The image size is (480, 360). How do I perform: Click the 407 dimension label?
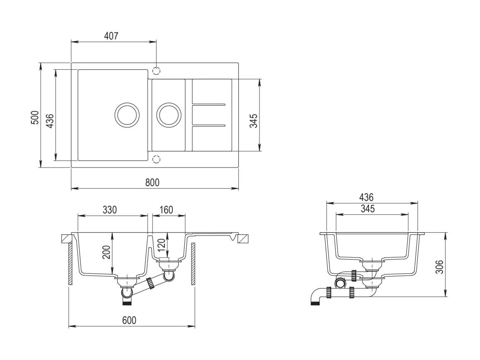click(111, 36)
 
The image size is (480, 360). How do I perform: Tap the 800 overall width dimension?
click(152, 182)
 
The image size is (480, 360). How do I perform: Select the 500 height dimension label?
click(35, 117)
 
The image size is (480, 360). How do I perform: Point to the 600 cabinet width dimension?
click(129, 320)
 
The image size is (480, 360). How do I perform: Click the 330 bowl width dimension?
click(109, 210)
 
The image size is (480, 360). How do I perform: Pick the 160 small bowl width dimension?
click(166, 210)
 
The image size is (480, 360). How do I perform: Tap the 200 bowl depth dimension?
click(106, 252)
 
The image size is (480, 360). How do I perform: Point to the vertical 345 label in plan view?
click(254, 121)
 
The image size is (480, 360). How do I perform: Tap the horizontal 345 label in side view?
click(368, 209)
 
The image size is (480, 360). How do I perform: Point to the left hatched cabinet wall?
click(70, 265)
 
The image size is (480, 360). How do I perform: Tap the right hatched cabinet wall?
click(193, 265)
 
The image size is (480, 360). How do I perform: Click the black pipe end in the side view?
click(315, 304)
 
